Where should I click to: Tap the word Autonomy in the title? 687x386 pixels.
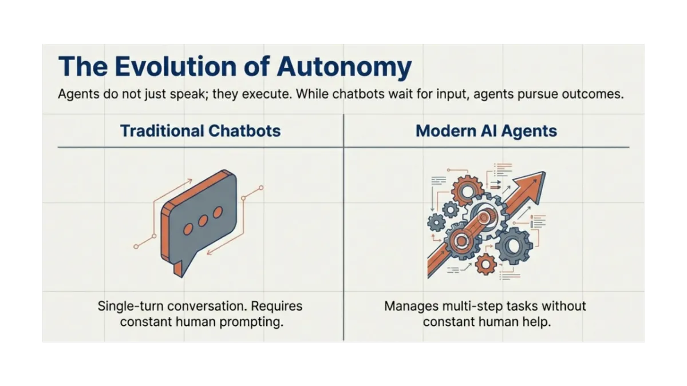click(x=343, y=67)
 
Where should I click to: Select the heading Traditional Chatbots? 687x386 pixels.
click(x=200, y=131)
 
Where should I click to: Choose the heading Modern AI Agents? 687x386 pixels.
click(x=486, y=131)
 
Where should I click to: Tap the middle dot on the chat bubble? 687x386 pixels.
click(x=202, y=220)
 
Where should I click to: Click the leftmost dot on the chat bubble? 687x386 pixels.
click(x=187, y=228)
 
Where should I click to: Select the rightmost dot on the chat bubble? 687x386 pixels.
click(x=217, y=212)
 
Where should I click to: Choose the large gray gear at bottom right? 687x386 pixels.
click(x=514, y=245)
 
